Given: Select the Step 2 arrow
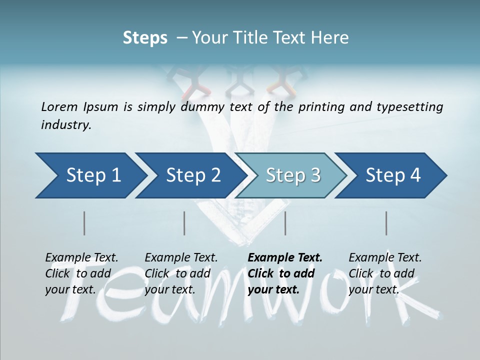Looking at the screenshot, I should [x=192, y=175].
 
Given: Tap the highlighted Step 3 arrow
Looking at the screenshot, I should [x=292, y=175].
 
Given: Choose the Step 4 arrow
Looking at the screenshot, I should [x=393, y=175].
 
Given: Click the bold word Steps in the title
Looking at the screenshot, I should [x=145, y=38].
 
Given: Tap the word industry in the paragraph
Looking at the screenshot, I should [x=65, y=125].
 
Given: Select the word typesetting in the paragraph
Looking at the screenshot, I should [x=407, y=107].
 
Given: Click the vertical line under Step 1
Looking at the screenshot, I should [x=84, y=223].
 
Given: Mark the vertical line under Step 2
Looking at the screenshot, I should [x=184, y=223].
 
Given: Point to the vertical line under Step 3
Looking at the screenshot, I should [x=285, y=223].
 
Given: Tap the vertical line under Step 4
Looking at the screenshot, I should [x=386, y=223].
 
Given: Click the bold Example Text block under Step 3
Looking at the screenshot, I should [x=285, y=273].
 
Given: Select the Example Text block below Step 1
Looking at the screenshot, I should [x=81, y=273].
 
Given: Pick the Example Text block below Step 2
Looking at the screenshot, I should [x=181, y=273].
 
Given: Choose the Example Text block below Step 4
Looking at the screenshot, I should [x=385, y=273].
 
